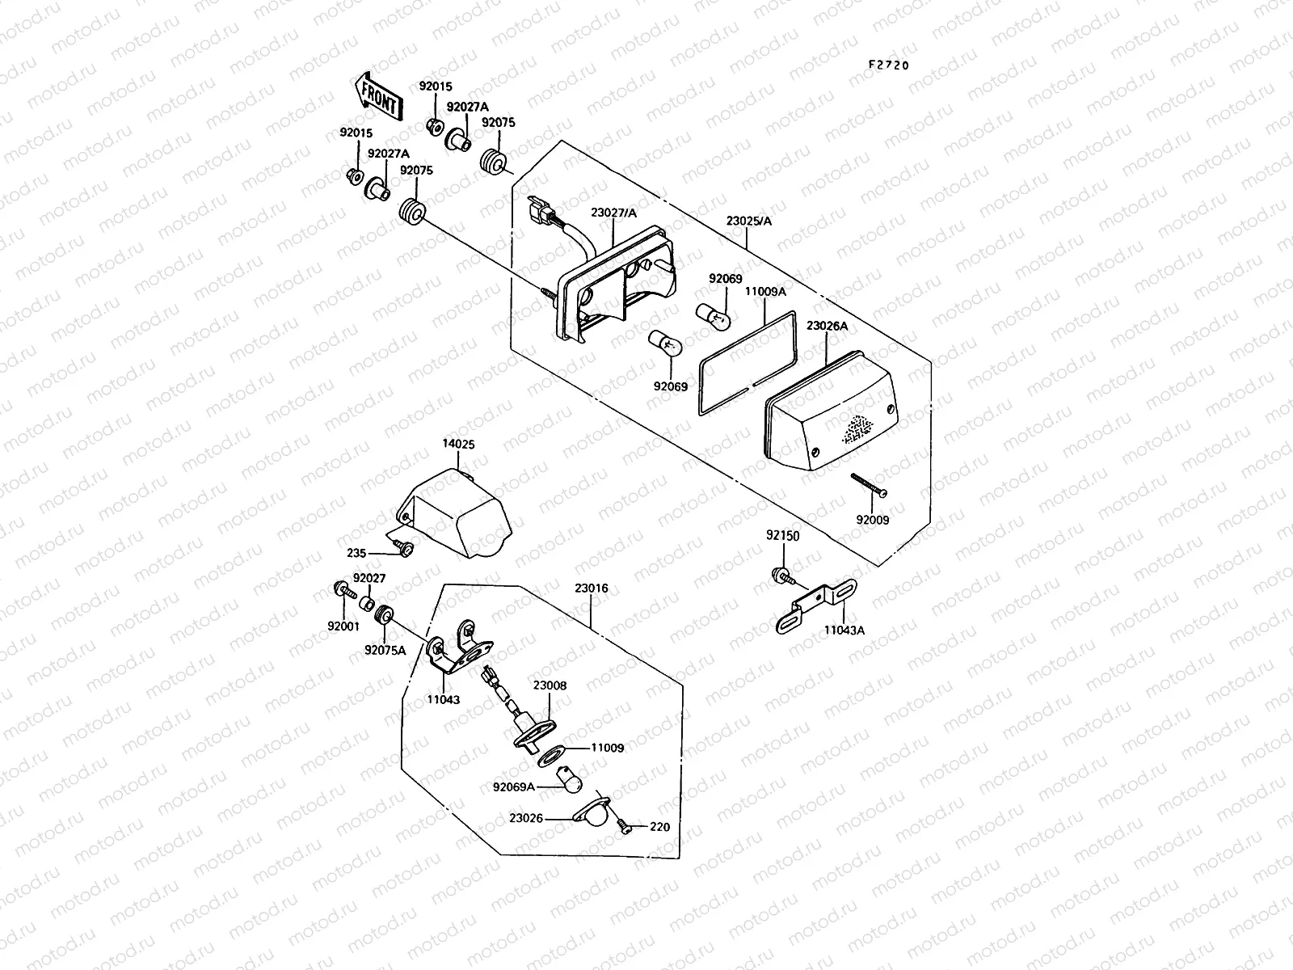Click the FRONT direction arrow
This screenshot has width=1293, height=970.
tap(376, 95)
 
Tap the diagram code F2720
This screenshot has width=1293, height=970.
tap(889, 65)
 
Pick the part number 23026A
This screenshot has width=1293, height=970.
tap(827, 326)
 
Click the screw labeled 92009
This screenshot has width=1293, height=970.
tap(869, 485)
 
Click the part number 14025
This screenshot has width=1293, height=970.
tap(458, 445)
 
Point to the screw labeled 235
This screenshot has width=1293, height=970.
tap(404, 550)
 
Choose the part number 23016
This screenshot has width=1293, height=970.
tap(592, 589)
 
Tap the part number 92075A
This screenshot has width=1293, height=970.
tap(385, 648)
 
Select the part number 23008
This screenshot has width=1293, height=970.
tap(550, 685)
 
